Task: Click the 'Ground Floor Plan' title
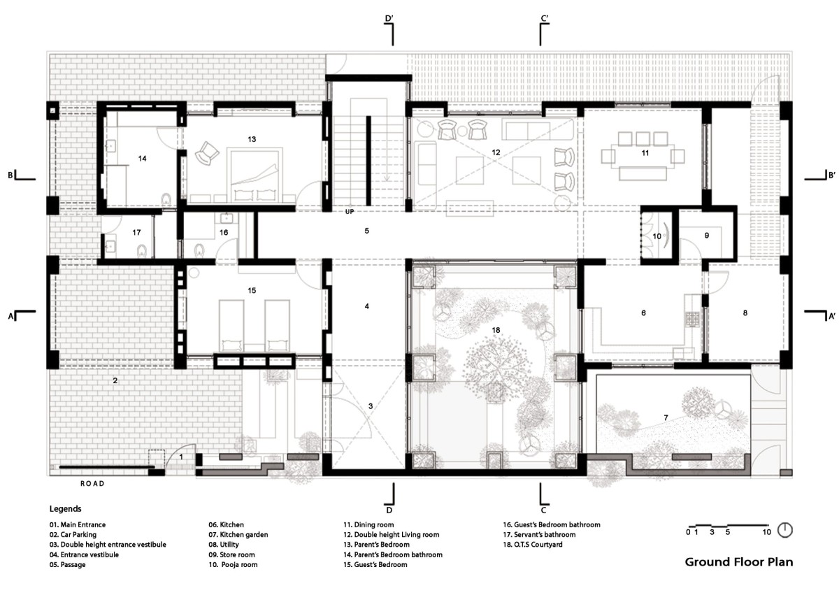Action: (738, 562)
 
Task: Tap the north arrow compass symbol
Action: (784, 530)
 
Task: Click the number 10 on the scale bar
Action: (766, 532)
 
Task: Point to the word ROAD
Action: (92, 484)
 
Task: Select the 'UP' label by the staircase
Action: (350, 212)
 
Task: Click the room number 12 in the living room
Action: (496, 152)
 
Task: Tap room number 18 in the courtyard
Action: (496, 330)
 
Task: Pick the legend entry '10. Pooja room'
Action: (233, 564)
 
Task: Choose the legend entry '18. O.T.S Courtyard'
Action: (533, 544)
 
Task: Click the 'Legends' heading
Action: (66, 509)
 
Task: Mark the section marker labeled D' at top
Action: (389, 18)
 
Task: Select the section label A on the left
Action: (10, 317)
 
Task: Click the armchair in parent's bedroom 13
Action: (206, 152)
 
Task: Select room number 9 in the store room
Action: (707, 236)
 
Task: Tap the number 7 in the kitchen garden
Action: (666, 417)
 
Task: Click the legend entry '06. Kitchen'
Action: (227, 524)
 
